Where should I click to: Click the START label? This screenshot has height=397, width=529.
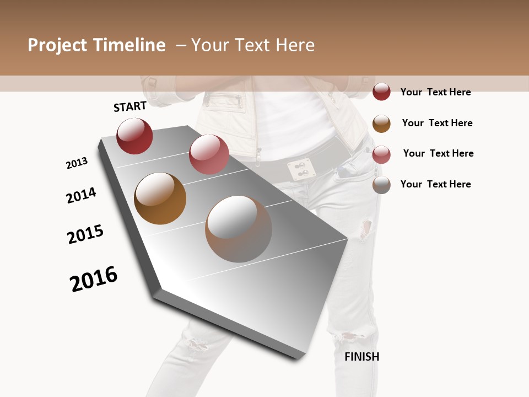pyautogui.click(x=130, y=106)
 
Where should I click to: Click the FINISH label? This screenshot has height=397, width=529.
pyautogui.click(x=361, y=357)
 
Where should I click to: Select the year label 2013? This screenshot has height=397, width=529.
pyautogui.click(x=77, y=163)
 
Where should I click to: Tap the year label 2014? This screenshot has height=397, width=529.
pyautogui.click(x=81, y=195)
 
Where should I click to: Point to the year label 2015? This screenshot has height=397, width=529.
pyautogui.click(x=85, y=234)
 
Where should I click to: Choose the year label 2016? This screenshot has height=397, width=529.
pyautogui.click(x=94, y=278)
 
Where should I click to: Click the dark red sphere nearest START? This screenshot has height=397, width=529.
pyautogui.click(x=134, y=136)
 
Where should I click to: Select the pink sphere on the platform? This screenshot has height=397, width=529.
pyautogui.click(x=209, y=154)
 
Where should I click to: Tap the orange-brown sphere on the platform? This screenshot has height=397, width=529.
pyautogui.click(x=160, y=198)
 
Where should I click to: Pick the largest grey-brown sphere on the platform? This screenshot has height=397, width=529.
pyautogui.click(x=239, y=229)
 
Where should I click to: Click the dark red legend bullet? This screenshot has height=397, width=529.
pyautogui.click(x=381, y=92)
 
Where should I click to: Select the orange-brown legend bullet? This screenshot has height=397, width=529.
pyautogui.click(x=381, y=123)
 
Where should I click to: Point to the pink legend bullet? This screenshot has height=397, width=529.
pyautogui.click(x=381, y=154)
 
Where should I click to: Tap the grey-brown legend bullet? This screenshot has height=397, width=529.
pyautogui.click(x=381, y=185)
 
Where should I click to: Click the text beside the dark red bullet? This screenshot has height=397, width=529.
pyautogui.click(x=435, y=92)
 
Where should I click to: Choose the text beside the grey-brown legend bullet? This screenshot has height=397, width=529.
pyautogui.click(x=435, y=184)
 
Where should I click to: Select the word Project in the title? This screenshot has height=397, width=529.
pyautogui.click(x=57, y=45)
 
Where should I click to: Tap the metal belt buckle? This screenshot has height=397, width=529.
pyautogui.click(x=298, y=169)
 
